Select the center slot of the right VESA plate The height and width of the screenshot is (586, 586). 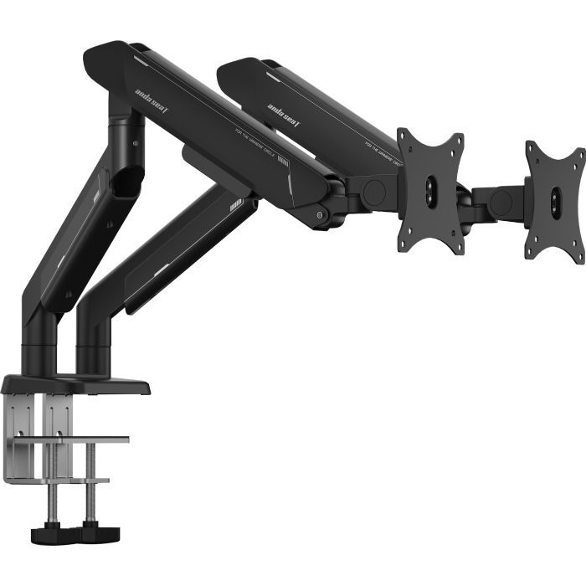[x=556, y=202]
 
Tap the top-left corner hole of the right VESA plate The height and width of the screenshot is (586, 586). [x=532, y=148]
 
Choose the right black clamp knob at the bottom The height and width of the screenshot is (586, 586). [x=99, y=533]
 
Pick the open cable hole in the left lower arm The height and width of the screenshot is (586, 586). [x=126, y=180]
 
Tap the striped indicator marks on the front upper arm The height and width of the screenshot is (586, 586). [x=282, y=160]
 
